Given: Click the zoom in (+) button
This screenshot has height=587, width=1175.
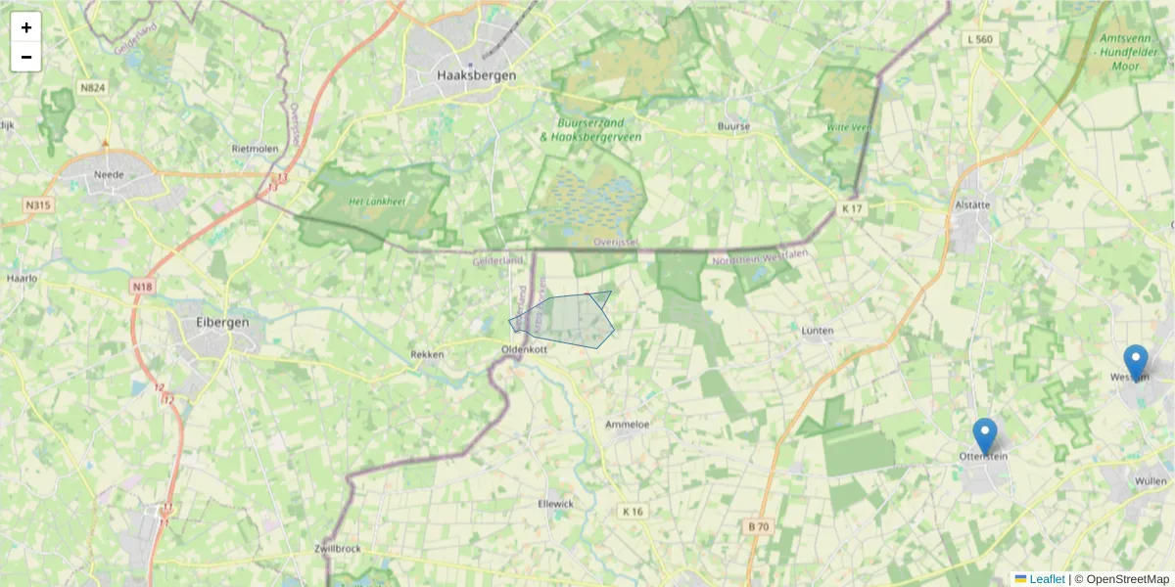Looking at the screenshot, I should click(x=26, y=27).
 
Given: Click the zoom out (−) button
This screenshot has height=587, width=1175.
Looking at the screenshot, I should click(x=26, y=57).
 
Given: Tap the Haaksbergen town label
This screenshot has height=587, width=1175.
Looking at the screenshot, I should click(x=477, y=75).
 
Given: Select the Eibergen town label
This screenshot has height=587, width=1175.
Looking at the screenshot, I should click(x=222, y=321).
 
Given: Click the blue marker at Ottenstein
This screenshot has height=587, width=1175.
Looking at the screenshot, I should click(x=984, y=435).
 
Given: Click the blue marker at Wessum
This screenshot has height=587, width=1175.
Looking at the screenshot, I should click(x=1135, y=362).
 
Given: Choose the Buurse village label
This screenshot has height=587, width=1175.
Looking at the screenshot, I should click(x=733, y=126).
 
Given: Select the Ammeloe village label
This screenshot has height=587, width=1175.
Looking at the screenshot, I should click(x=628, y=424).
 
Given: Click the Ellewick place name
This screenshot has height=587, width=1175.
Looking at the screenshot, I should click(x=556, y=503).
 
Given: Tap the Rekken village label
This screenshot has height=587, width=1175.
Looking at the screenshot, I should click(x=427, y=354).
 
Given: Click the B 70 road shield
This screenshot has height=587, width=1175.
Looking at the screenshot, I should click(x=759, y=526).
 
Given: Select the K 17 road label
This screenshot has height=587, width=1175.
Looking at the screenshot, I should click(x=852, y=209).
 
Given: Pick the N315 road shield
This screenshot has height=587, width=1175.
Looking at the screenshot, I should click(x=37, y=205).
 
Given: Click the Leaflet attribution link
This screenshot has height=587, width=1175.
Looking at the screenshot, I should click(x=1047, y=579).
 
